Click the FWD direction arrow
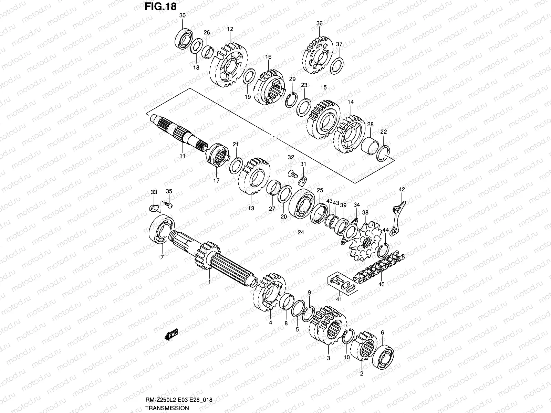[x=171, y=334]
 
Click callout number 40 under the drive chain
[x=381, y=284]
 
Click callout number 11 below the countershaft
[x=183, y=156]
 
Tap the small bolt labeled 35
[x=169, y=205]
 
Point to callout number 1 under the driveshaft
[x=209, y=282]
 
